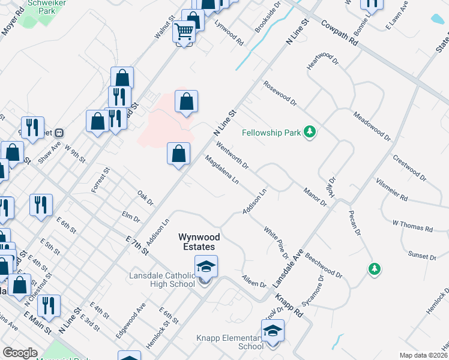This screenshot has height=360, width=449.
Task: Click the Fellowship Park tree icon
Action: pyautogui.click(x=310, y=131)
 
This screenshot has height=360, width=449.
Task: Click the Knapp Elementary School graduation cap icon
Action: pyautogui.click(x=273, y=332)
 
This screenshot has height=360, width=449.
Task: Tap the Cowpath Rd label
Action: pyautogui.click(x=339, y=33)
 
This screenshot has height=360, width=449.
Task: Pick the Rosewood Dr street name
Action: pyautogui.click(x=280, y=93)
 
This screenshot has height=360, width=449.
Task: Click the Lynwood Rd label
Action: pyautogui.click(x=229, y=34)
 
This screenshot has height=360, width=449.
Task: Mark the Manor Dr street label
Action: pyautogui.click(x=315, y=196)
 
